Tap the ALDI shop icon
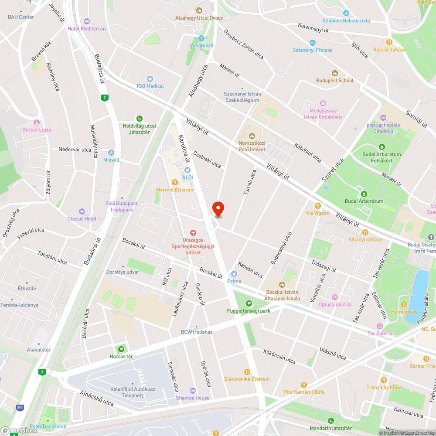click(x=187, y=170)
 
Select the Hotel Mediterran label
click(x=86, y=29)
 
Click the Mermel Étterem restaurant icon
click(x=174, y=182)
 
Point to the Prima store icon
click(x=234, y=274)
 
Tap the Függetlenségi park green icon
click(x=249, y=303)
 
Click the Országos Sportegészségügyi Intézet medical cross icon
click(x=192, y=234)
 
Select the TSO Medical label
click(x=150, y=86)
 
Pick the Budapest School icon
click(x=335, y=73)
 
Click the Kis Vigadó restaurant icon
click(x=317, y=205)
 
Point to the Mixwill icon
click(x=111, y=153)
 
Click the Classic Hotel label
click(x=82, y=218)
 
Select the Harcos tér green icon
click(x=121, y=349)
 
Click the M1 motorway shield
click(x=20, y=408)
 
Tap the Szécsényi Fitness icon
click(x=312, y=43)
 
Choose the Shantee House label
click(x=192, y=398)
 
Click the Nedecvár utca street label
click(x=75, y=150)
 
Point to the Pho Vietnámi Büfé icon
click(x=304, y=385)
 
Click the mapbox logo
click(x=20, y=430)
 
